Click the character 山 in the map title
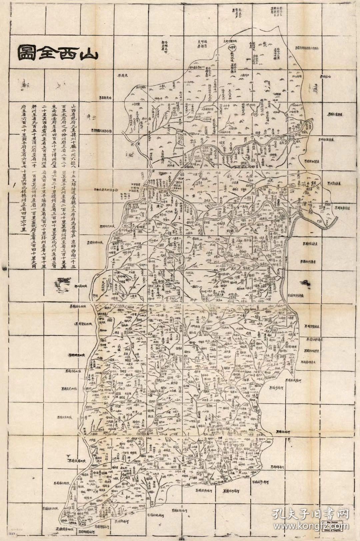[x=88, y=53]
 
